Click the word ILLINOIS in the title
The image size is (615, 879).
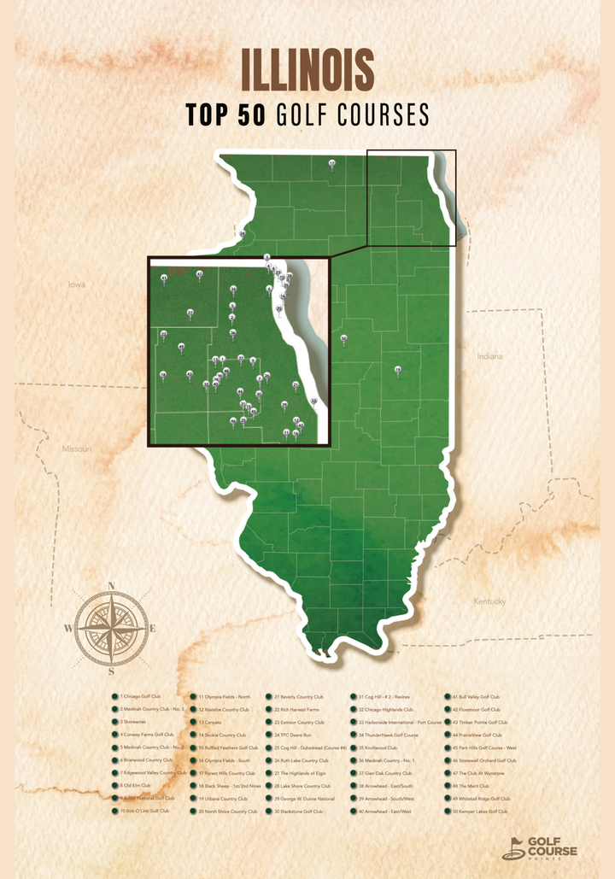(x=307, y=70)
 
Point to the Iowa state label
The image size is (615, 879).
(x=77, y=284)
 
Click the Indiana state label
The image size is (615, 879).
(x=490, y=356)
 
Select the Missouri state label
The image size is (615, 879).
(x=77, y=448)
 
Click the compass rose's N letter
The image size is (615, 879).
(x=111, y=586)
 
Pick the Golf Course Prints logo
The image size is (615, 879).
(x=540, y=847)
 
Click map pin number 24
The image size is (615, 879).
(x=243, y=233)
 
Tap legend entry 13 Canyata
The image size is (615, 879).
(x=210, y=722)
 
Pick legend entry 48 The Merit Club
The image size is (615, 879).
(x=473, y=786)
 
